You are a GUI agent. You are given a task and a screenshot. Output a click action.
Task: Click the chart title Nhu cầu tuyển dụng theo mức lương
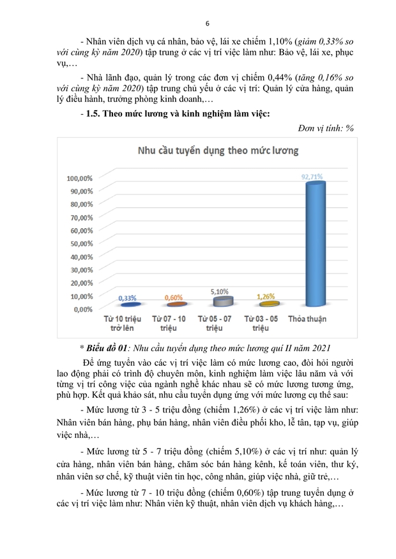point(215,151)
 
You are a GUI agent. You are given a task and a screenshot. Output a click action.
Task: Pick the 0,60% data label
point(174,298)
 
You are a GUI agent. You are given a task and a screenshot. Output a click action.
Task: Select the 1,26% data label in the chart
point(265,296)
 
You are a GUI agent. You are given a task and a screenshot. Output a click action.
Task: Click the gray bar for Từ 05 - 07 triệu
point(218,301)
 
